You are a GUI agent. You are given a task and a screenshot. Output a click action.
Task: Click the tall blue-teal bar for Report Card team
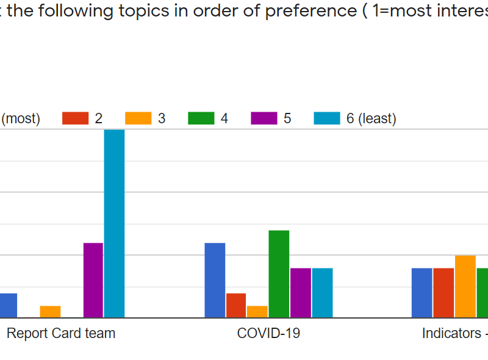tap(114, 223)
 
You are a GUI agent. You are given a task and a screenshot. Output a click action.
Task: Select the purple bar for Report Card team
tap(93, 280)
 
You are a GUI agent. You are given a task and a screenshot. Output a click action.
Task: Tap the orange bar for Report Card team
tap(51, 312)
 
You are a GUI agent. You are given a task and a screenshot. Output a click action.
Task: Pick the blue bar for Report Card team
tap(8, 305)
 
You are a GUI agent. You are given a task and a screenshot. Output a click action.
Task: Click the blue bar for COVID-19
tap(215, 280)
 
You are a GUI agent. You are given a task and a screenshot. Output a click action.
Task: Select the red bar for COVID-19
tap(236, 305)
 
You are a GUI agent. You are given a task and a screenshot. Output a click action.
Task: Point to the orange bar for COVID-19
tap(257, 312)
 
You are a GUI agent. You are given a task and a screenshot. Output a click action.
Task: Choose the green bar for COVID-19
tap(279, 274)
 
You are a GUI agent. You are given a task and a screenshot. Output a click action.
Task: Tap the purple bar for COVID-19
tap(301, 293)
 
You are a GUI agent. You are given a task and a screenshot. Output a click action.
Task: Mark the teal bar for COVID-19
tap(322, 293)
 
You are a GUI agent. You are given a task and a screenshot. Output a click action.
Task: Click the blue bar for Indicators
tap(422, 293)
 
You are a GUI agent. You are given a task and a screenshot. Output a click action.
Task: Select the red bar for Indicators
tap(443, 293)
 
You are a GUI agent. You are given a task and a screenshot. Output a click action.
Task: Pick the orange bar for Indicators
tap(465, 287)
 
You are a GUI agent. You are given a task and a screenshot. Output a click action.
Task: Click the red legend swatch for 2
tap(76, 118)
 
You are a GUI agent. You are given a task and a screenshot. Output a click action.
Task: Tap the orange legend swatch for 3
tap(138, 118)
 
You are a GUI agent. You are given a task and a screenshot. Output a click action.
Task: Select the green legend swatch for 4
tap(201, 118)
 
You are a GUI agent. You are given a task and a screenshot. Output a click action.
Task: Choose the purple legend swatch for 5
tap(264, 118)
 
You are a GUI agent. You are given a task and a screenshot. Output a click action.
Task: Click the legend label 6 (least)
tap(371, 118)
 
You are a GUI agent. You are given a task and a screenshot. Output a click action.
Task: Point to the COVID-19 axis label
tap(268, 334)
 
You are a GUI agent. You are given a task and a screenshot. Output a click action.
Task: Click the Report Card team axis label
tap(61, 334)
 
